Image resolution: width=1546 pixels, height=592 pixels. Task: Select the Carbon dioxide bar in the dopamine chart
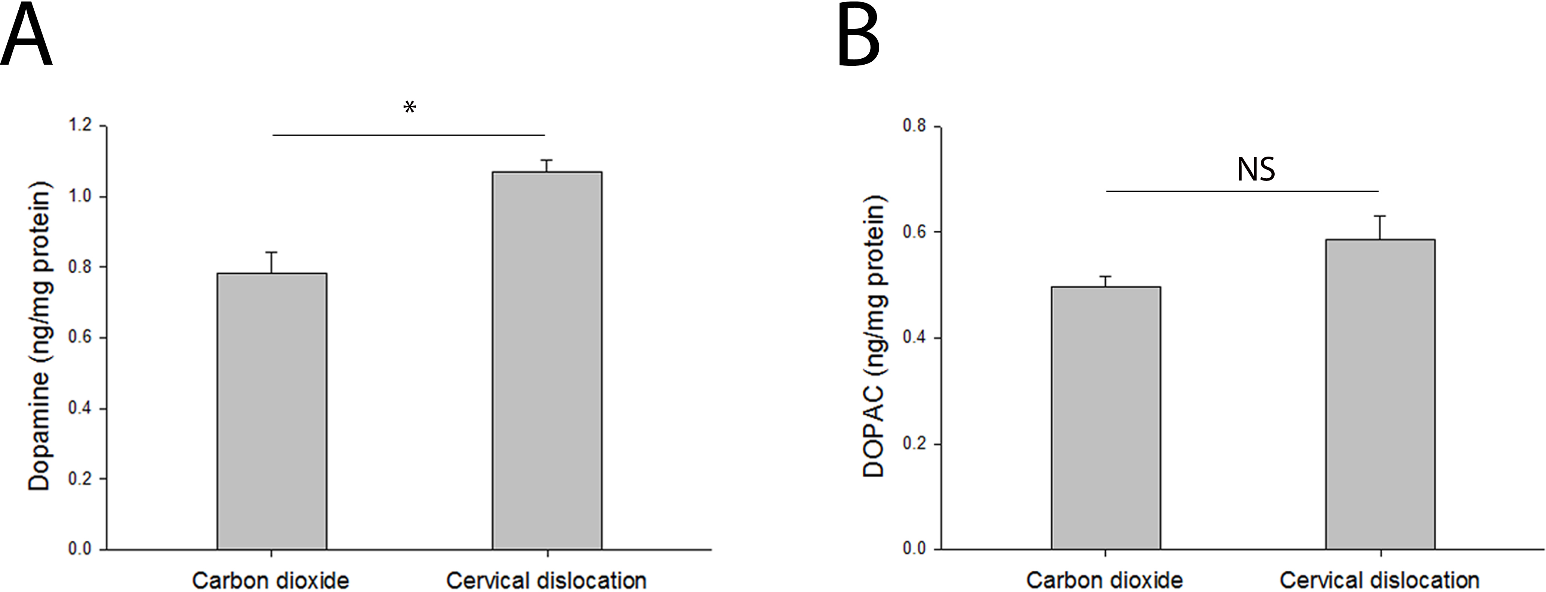(272, 411)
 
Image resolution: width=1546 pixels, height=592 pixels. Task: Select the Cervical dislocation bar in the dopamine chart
(547, 360)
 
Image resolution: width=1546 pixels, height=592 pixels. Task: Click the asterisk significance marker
(409, 108)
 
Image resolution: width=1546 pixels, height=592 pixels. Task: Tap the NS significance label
(1256, 170)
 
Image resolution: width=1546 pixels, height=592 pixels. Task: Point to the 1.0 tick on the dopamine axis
(80, 196)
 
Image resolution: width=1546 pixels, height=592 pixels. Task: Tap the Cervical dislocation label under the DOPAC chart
(1379, 580)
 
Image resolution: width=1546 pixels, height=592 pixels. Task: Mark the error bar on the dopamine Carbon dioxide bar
(272, 262)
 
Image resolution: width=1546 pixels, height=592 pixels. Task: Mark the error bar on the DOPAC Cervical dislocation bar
(1380, 227)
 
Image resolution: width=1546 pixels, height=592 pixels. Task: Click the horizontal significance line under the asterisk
(409, 135)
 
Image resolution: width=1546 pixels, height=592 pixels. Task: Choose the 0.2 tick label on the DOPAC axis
(914, 443)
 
